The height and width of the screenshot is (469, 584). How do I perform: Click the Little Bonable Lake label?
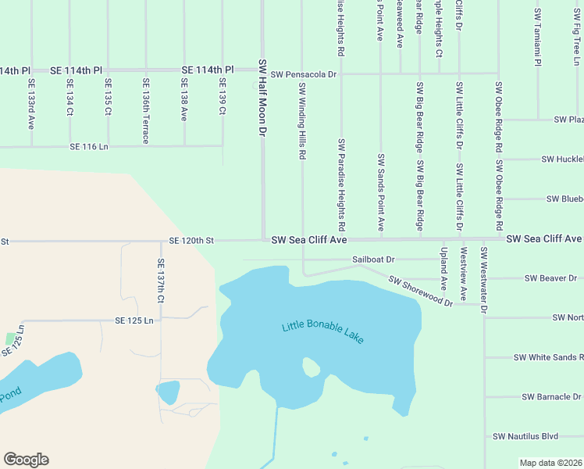323,333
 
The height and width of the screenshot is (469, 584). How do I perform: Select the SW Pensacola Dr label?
303,74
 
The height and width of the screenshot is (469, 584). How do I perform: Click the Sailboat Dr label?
374,259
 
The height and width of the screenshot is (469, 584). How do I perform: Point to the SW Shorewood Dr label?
420,291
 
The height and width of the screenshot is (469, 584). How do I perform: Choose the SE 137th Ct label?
161,281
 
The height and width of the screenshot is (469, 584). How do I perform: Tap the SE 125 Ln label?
134,320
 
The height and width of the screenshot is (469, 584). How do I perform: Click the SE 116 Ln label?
88,147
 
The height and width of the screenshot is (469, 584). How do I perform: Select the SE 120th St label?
191,241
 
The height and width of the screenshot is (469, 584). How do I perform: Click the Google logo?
26,460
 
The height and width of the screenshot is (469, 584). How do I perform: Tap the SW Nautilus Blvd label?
525,436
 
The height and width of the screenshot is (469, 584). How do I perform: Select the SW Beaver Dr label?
550,278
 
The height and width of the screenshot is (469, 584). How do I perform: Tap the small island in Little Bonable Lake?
310,367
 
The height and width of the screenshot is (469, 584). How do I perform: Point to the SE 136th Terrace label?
145,109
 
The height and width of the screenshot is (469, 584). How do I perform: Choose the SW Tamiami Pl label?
538,38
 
